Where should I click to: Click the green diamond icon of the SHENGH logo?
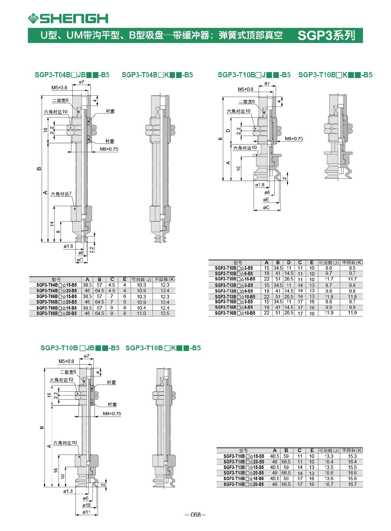pos(33,18)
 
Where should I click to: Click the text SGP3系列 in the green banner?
pos(326,35)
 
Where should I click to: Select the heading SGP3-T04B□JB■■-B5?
pos(72,75)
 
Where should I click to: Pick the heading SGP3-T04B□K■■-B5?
pos(157,75)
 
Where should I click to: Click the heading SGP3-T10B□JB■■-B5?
pos(80,348)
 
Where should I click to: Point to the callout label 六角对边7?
pos(61,194)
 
